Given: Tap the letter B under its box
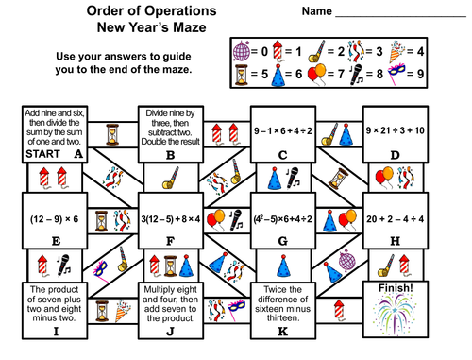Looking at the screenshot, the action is coord(170,154).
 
